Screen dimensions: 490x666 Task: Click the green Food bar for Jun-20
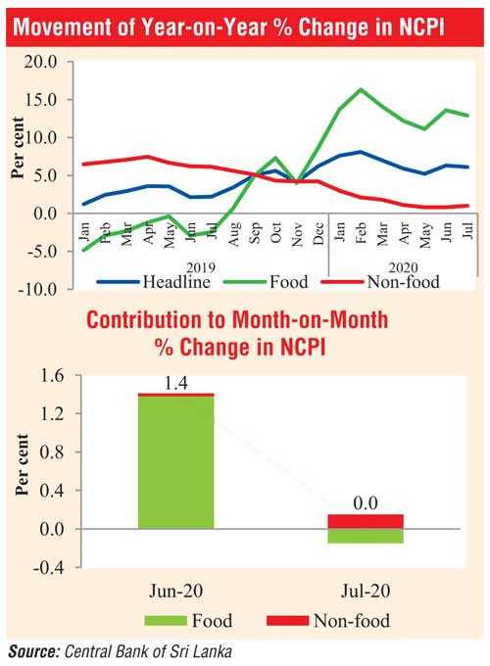pyautogui.click(x=176, y=462)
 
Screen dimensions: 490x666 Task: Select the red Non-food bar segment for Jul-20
pyautogui.click(x=366, y=522)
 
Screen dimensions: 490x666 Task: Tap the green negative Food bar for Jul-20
pyautogui.click(x=366, y=536)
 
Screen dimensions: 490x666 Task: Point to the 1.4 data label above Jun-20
pyautogui.click(x=175, y=384)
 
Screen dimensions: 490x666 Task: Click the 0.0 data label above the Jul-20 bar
pyautogui.click(x=366, y=503)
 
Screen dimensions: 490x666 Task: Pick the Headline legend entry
pyautogui.click(x=154, y=282)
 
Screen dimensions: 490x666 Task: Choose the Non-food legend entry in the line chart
pyautogui.click(x=380, y=282)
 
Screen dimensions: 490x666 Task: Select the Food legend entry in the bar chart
pyautogui.click(x=189, y=621)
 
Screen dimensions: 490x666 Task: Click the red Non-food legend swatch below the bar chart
pyautogui.click(x=288, y=621)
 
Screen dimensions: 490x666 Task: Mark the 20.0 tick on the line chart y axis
pyautogui.click(x=40, y=62)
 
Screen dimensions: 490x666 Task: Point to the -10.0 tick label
pyautogui.click(x=37, y=289)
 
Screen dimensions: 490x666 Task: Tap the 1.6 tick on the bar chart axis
pyautogui.click(x=51, y=375)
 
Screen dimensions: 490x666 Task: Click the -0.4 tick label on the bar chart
pyautogui.click(x=48, y=567)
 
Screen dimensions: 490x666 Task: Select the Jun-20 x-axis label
pyautogui.click(x=176, y=591)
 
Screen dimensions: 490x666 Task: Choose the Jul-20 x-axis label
pyautogui.click(x=366, y=591)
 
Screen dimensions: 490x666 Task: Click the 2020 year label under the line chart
pyautogui.click(x=404, y=267)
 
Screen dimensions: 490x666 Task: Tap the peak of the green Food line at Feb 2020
pyautogui.click(x=361, y=89)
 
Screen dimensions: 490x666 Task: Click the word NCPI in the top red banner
pyautogui.click(x=421, y=27)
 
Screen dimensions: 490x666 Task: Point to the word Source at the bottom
pyautogui.click(x=33, y=651)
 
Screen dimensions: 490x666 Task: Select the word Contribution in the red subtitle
pyautogui.click(x=144, y=320)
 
